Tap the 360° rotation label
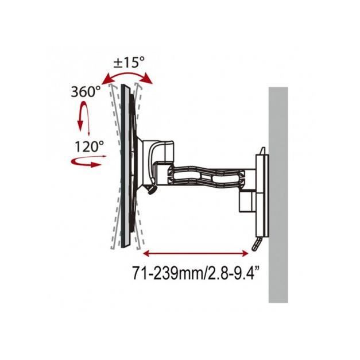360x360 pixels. click(87, 91)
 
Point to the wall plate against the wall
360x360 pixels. click(261, 189)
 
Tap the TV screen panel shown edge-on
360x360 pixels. click(122, 167)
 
